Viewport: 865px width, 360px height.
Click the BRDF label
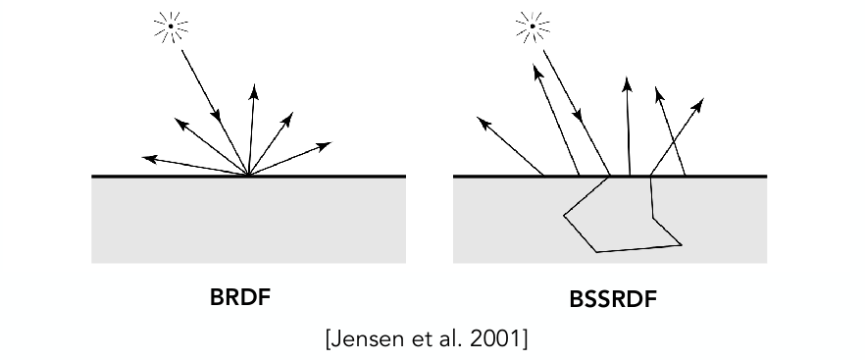240,297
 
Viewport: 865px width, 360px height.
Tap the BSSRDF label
613,300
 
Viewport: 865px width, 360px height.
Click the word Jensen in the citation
364,339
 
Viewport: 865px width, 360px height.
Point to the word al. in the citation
448,339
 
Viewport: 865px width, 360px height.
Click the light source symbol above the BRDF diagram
171,26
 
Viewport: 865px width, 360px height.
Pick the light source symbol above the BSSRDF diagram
533,26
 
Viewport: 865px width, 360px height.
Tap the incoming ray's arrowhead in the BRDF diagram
217,116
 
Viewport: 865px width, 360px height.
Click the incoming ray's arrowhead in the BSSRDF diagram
578,116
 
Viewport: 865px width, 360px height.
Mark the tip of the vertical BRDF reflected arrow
254,84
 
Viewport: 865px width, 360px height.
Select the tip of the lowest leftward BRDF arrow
142,157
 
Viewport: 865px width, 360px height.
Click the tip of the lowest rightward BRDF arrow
331,142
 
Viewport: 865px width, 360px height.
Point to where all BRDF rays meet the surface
248,175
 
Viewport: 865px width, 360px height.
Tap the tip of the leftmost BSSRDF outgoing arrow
477,118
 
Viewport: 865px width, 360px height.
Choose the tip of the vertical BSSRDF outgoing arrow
628,77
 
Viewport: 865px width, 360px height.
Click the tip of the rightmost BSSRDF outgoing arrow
703,99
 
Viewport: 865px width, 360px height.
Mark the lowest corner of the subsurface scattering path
597,252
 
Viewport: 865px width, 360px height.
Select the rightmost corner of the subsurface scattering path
682,244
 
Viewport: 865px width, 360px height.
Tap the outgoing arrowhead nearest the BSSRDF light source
535,72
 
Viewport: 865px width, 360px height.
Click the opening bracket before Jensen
330,339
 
